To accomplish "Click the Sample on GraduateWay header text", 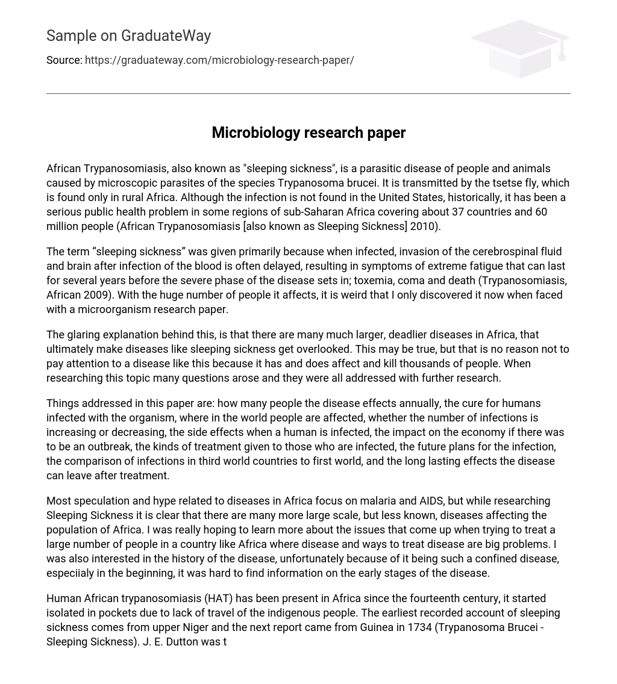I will click(128, 36).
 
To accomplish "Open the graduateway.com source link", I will click(219, 60).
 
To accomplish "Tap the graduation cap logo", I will click(520, 48).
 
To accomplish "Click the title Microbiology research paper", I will click(308, 132).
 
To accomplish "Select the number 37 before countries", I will click(460, 212).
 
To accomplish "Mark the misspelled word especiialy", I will click(70, 573).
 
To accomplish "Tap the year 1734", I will click(419, 627).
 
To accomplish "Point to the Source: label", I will click(64, 60).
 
